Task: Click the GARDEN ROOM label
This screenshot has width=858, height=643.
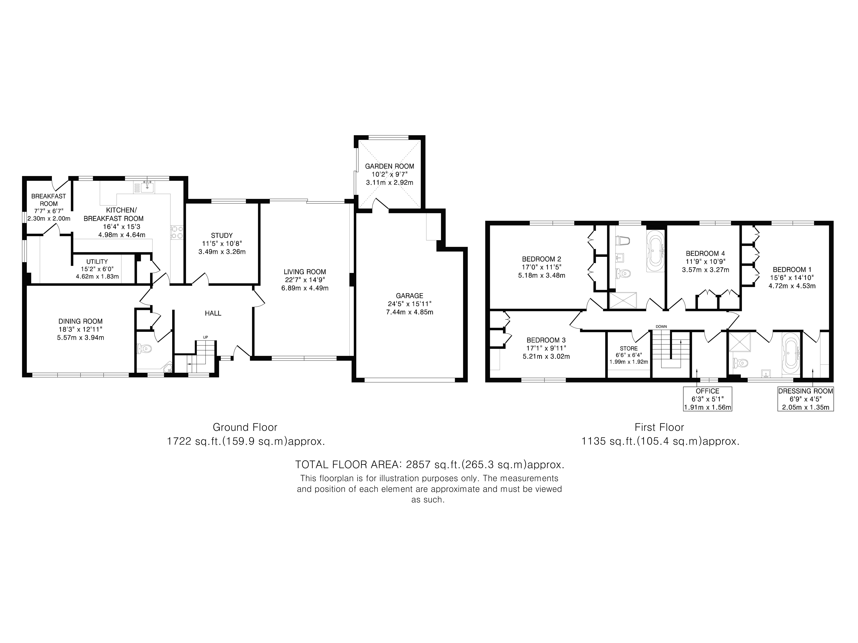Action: pos(389,166)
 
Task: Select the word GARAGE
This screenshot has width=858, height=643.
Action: pos(410,296)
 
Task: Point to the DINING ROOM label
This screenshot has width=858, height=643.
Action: pos(81,321)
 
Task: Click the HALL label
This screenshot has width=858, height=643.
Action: pos(213,313)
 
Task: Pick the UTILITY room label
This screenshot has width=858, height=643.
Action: pos(97,262)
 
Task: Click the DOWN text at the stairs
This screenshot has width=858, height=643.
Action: pos(661,326)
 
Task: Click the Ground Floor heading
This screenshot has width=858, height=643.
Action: pos(245,427)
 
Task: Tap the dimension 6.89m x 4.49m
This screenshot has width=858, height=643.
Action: pos(305,288)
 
